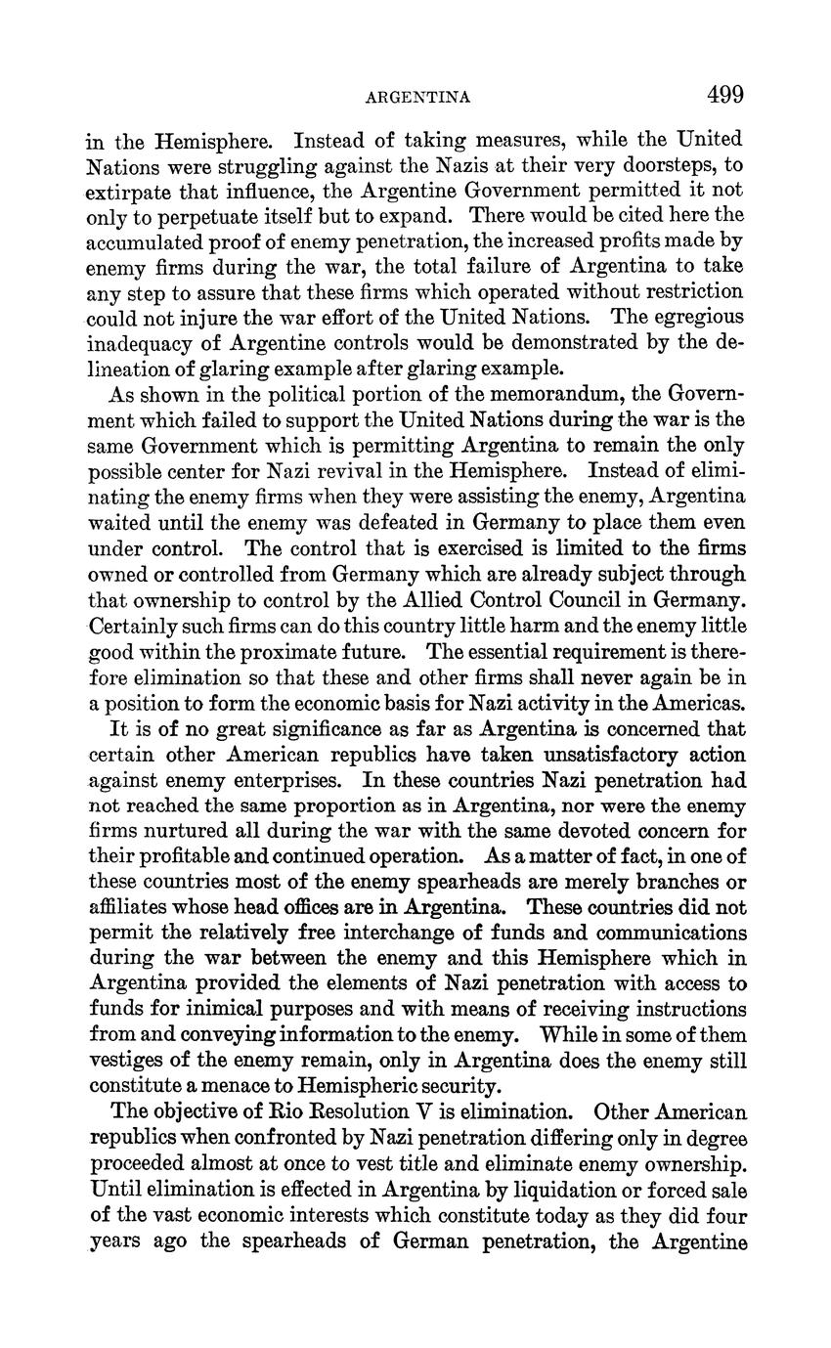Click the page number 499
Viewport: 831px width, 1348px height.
click(724, 95)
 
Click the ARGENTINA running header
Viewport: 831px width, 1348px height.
click(417, 98)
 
